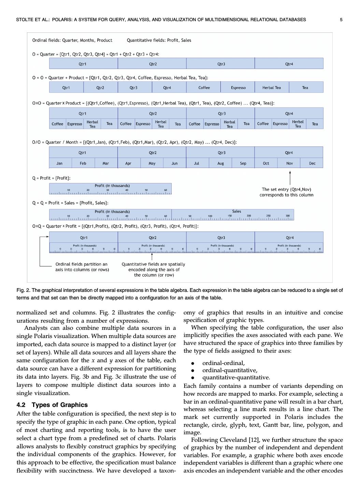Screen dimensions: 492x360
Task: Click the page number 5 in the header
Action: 341,20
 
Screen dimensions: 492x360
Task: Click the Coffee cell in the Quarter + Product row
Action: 204,88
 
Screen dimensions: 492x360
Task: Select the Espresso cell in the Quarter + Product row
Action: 238,88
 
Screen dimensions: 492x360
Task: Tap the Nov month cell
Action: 289,163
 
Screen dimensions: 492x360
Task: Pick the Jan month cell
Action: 59,163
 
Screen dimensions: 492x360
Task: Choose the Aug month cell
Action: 220,163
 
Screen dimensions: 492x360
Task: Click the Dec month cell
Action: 312,163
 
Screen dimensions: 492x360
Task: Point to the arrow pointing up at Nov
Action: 290,178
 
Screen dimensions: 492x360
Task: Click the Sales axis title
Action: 236,211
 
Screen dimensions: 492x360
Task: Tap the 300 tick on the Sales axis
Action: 288,216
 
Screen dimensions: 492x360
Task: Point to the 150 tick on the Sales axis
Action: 230,216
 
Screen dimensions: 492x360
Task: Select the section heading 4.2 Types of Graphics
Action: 52,405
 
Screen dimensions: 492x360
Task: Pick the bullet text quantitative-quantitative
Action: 236,378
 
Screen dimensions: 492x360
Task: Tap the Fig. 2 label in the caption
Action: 23,290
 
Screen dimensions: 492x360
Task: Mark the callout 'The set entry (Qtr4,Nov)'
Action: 286,189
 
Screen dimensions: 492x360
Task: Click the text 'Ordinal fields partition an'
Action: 81,264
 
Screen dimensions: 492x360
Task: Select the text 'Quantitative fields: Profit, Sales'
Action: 159,40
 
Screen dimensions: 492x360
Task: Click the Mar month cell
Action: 106,163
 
